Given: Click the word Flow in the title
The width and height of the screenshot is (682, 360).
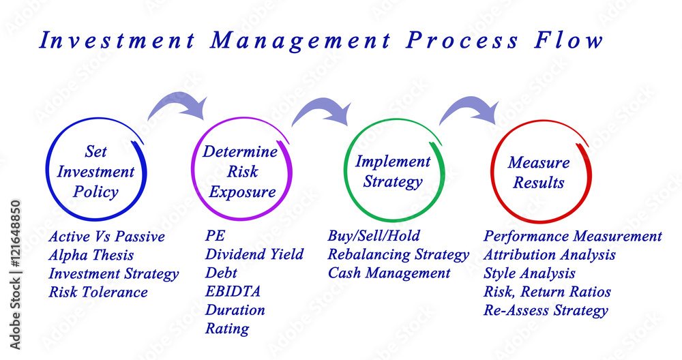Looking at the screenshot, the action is (569, 40).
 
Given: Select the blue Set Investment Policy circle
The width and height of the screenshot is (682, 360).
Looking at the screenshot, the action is (46, 170).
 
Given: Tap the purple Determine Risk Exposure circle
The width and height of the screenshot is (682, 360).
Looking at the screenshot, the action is (192, 170).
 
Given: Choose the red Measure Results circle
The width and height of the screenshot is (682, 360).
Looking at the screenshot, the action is (492, 172).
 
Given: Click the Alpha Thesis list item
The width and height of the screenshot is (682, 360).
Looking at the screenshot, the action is (91, 255).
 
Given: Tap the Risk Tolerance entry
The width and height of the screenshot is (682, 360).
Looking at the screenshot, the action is (98, 292).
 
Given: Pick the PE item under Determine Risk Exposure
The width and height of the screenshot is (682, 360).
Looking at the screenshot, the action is (216, 236).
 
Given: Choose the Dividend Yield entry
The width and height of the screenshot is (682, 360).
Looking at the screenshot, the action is (254, 254).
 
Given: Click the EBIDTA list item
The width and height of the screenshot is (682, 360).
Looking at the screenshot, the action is (233, 291).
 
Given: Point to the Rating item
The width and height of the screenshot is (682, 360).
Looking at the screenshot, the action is (227, 329).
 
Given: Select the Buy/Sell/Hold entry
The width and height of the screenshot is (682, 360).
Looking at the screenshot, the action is (374, 236).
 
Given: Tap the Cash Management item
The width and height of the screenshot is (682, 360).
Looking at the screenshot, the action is (389, 273).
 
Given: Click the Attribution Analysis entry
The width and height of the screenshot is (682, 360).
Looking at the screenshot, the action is (550, 255).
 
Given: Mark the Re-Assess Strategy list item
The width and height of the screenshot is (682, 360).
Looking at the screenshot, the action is (546, 311).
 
